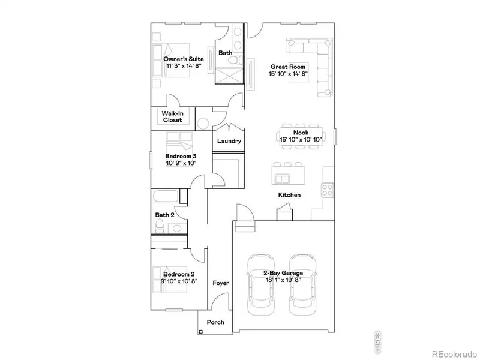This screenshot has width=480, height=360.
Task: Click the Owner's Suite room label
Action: click(x=184, y=59)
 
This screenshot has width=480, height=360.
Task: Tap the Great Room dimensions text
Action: click(x=288, y=73)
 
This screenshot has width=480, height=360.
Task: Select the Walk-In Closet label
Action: click(x=173, y=117)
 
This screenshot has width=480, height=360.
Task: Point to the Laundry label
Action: click(x=229, y=141)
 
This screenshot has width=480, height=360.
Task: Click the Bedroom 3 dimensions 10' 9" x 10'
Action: click(x=181, y=163)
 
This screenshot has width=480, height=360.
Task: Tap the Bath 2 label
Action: click(x=164, y=215)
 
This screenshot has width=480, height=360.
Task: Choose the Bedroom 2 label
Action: click(x=179, y=274)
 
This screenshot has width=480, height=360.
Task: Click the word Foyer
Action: click(x=221, y=283)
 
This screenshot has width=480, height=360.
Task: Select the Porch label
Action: click(x=215, y=322)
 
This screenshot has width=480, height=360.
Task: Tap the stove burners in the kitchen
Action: click(x=327, y=190)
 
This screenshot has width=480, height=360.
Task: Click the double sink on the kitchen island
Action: click(x=282, y=179)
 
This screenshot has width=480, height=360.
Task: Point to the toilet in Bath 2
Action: click(x=160, y=227)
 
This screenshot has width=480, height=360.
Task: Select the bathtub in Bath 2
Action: click(x=166, y=196)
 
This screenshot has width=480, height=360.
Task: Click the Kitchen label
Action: click(x=289, y=195)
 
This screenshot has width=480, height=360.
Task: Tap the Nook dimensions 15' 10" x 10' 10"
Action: click(x=301, y=140)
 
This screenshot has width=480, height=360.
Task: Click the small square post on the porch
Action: click(x=201, y=332)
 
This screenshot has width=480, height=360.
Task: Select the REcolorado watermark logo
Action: click(x=454, y=354)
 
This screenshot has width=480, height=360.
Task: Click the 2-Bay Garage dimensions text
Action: click(x=283, y=280)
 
